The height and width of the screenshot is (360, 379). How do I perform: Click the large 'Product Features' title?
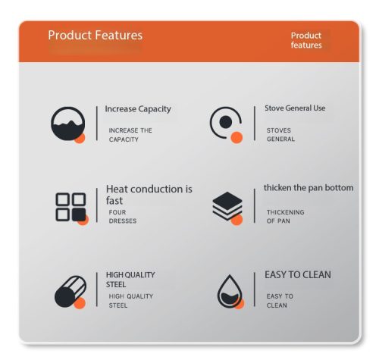(x=96, y=35)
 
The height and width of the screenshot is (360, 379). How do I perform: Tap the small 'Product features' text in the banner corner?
(x=306, y=40)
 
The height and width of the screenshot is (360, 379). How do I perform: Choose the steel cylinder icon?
(x=70, y=292)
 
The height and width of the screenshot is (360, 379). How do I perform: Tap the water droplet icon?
(x=230, y=292)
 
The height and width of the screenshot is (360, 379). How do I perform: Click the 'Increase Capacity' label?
(x=138, y=109)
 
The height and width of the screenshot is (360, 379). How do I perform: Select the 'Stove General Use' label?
(x=295, y=108)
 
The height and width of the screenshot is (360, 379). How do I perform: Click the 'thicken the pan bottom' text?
(x=309, y=188)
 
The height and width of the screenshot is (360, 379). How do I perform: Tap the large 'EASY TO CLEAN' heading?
(x=298, y=274)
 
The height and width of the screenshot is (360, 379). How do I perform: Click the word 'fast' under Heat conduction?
(x=114, y=201)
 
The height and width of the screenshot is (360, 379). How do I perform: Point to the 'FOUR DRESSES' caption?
(x=123, y=217)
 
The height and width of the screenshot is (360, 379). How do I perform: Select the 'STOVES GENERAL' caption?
(x=280, y=135)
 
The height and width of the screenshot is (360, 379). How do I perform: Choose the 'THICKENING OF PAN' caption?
(x=286, y=217)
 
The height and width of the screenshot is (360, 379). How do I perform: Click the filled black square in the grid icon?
(x=79, y=214)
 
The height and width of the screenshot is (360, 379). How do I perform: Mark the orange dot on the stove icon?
(x=236, y=137)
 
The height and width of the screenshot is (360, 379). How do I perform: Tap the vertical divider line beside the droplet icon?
(x=255, y=290)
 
